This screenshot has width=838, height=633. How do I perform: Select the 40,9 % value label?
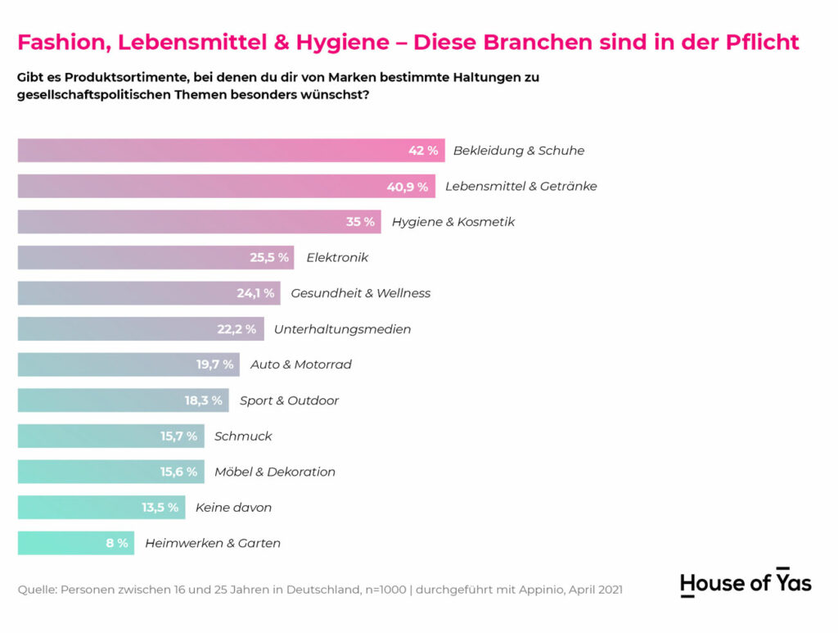pos(408,187)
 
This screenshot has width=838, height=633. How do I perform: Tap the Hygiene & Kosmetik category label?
pos(453,222)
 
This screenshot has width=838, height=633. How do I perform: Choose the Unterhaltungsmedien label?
pos(342,329)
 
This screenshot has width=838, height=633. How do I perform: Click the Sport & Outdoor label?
pos(289,400)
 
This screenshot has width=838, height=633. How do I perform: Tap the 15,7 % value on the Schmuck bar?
pos(178,436)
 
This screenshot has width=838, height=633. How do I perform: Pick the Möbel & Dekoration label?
pos(275,472)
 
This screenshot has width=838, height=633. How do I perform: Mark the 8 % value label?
pos(117,543)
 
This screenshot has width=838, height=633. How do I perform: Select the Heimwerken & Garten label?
pos(213,543)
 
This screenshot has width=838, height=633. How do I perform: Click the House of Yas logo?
pos(746,582)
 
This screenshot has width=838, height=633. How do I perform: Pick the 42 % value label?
pos(423,151)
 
